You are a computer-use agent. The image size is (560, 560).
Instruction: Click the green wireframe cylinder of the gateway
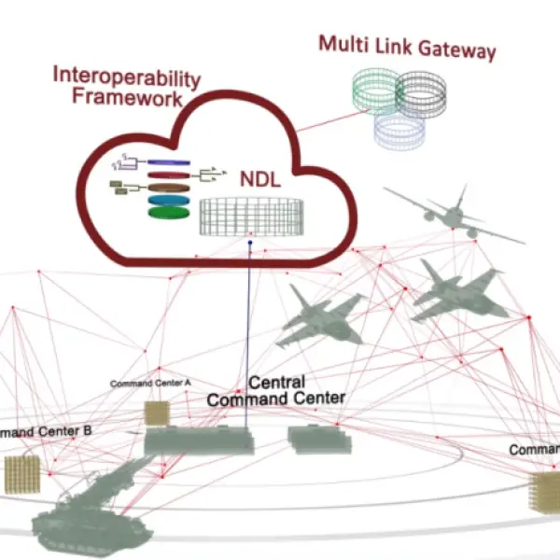tap(373, 92)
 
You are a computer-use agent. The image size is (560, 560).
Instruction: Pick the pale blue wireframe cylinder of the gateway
tap(399, 130)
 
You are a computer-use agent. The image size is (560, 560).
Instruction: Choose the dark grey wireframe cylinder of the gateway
tap(424, 96)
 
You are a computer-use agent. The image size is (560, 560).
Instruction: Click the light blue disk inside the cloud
tap(168, 198)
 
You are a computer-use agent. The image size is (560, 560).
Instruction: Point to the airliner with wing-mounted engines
tap(451, 214)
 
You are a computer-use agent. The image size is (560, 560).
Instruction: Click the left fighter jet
tap(321, 314)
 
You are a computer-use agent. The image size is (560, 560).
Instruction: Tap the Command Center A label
tap(150, 383)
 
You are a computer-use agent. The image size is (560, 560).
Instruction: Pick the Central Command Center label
tap(275, 391)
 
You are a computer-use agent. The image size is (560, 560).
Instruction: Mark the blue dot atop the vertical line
tap(250, 245)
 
